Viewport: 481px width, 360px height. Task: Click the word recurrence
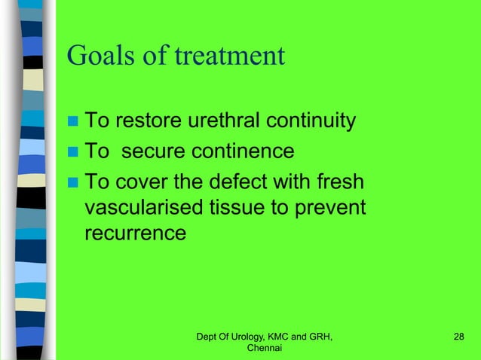134,233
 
